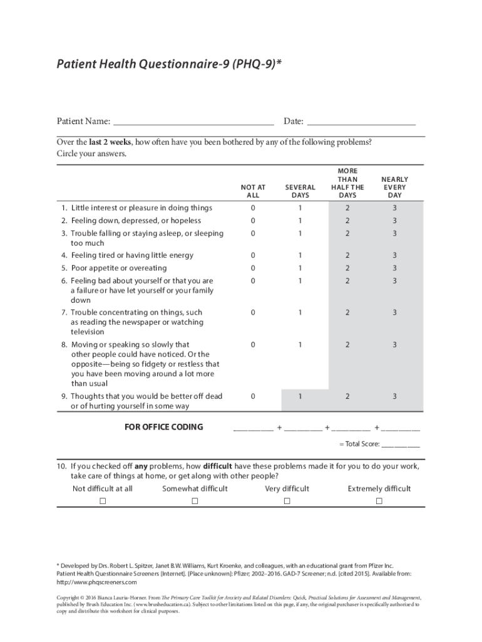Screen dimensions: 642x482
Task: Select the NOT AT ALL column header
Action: [x=253, y=191]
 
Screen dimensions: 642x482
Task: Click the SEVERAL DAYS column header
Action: [x=300, y=191]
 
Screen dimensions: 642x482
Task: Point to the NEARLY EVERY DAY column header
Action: [x=394, y=187]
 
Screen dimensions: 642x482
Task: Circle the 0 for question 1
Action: [x=253, y=208]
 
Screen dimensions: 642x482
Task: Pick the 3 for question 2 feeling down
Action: [x=394, y=221]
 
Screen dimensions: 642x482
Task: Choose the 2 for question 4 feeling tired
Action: [x=347, y=255]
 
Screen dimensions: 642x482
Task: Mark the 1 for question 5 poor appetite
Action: [x=300, y=268]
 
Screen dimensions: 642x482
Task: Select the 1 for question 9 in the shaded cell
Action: [x=300, y=396]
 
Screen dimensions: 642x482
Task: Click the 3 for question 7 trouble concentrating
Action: [x=394, y=312]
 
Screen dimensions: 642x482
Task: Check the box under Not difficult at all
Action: [x=103, y=501]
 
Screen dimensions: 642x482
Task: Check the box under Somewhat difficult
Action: [x=195, y=501]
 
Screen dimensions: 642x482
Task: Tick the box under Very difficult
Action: [x=287, y=501]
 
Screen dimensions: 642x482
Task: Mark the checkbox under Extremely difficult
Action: [x=379, y=501]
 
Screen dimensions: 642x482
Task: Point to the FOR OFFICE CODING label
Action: [x=163, y=427]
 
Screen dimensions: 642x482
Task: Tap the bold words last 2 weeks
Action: [x=110, y=142]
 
